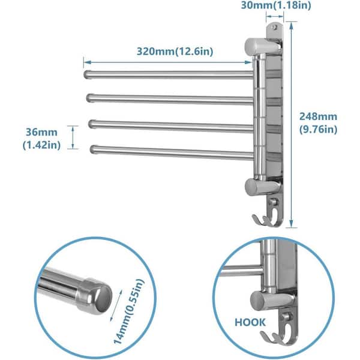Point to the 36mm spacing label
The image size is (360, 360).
tap(38, 130)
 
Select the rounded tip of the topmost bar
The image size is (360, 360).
tap(86, 74)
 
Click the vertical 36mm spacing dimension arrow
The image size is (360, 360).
tap(73, 136)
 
